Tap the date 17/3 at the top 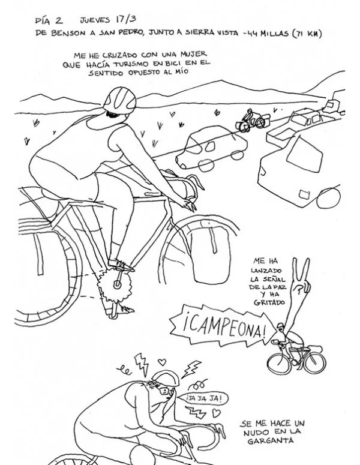click(x=126, y=19)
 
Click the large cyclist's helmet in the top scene click(x=120, y=99)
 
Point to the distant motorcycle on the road click(x=251, y=121)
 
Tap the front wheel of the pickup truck click(x=329, y=198)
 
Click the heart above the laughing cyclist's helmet click(x=161, y=362)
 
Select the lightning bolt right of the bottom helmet click(x=191, y=368)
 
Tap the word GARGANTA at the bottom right click(x=271, y=440)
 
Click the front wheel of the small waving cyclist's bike click(x=279, y=363)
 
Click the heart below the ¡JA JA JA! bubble click(x=217, y=413)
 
